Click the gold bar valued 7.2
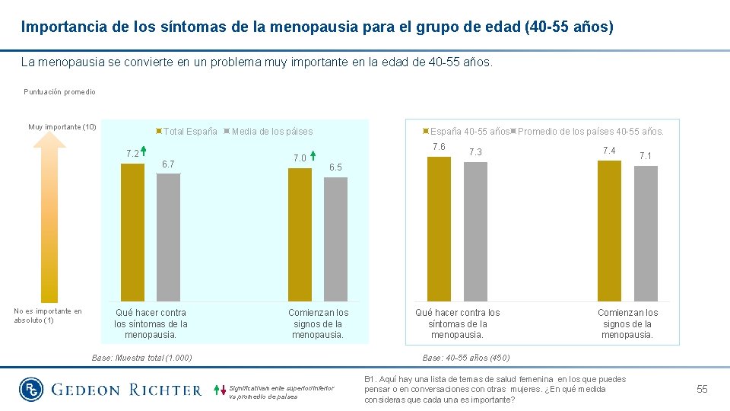click(132, 232)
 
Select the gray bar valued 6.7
click(168, 237)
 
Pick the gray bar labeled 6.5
click(335, 240)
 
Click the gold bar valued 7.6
click(439, 229)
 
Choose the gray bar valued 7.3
click(475, 231)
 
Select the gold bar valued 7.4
click(609, 231)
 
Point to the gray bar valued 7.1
click(645, 234)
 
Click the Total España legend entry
click(186, 132)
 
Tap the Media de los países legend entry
click(271, 132)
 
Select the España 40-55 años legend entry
click(467, 132)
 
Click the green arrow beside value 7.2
click(144, 153)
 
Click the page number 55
click(702, 389)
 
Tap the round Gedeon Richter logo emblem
click(32, 390)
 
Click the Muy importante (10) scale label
click(62, 126)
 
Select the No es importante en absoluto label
click(47, 315)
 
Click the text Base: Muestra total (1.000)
click(141, 358)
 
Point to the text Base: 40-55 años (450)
click(466, 358)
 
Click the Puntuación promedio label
click(59, 92)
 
